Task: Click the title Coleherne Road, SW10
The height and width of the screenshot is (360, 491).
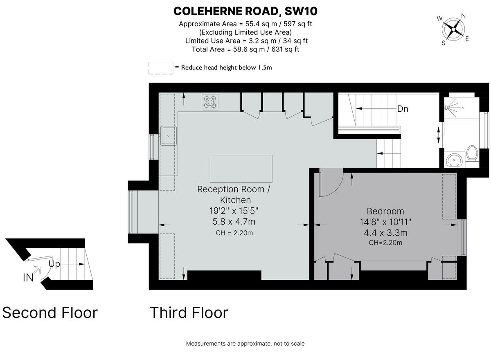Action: coord(245,11)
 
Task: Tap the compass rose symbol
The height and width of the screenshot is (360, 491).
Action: coord(452,29)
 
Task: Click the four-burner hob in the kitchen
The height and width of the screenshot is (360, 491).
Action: coord(210,102)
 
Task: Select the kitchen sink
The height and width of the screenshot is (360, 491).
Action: coord(169,135)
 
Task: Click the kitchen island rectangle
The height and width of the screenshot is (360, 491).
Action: coord(241,169)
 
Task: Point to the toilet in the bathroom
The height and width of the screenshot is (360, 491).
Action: coord(472,153)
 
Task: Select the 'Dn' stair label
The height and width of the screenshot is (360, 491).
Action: coord(402,109)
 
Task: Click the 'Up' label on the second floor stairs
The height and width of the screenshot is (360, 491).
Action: coord(54,264)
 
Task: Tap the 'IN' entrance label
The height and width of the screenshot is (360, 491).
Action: coord(28,278)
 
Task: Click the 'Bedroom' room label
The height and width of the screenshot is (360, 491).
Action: coord(385,211)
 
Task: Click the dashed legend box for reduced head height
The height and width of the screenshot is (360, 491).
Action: coord(160,68)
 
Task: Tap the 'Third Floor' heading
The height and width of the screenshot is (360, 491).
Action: coord(189,313)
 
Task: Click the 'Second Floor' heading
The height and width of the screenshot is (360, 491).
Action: coord(50,313)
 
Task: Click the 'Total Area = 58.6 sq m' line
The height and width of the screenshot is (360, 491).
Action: coord(245,49)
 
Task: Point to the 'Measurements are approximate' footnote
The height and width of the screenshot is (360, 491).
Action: coord(245,344)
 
